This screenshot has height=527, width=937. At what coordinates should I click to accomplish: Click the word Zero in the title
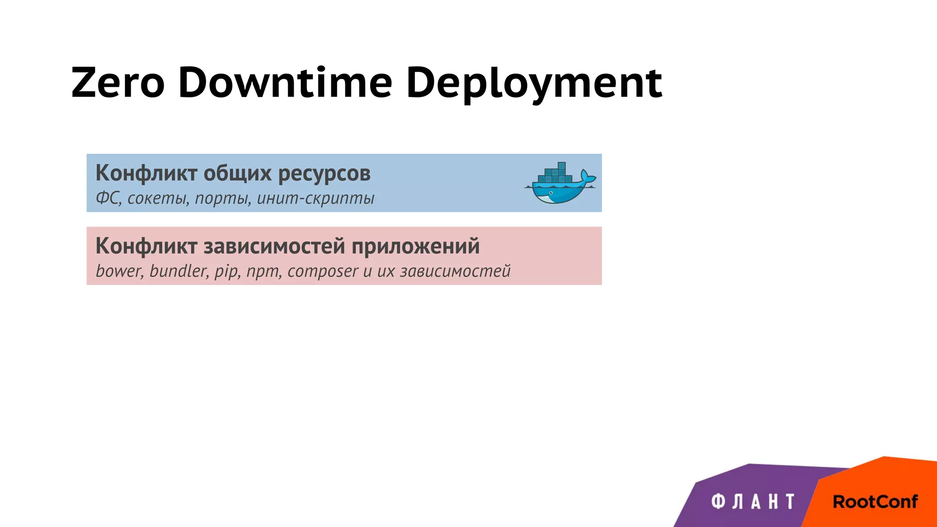coord(118,83)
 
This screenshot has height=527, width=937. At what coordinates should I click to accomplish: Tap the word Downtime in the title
coord(285,83)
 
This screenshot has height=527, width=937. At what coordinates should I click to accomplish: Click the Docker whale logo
coord(559,183)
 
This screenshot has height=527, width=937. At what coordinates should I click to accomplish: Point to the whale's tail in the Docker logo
coord(587,177)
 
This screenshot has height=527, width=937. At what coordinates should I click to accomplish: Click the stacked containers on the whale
coord(555,173)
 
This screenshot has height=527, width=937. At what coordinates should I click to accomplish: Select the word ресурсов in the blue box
coord(324,174)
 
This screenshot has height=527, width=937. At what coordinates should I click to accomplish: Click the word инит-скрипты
coord(315,199)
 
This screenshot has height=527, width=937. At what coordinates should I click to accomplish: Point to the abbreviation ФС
coord(108,199)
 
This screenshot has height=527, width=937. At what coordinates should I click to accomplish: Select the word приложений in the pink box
coord(415,247)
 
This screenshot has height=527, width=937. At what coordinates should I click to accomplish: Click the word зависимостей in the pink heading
coord(274,247)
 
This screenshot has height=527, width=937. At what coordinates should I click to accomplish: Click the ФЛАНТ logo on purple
coord(753,501)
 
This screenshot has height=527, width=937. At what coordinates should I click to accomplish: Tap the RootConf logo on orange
coord(875,502)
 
